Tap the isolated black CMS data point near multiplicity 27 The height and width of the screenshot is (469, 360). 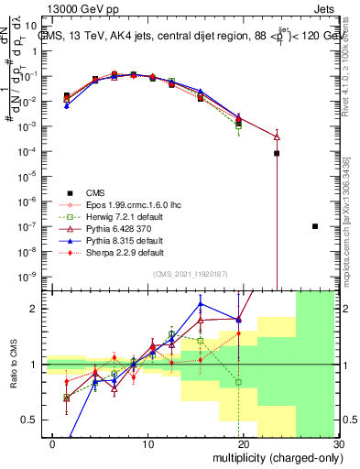[x=315, y=226]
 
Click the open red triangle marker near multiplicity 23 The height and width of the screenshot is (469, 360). [x=277, y=136]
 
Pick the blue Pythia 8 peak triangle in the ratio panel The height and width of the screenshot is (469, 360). [x=200, y=304]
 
